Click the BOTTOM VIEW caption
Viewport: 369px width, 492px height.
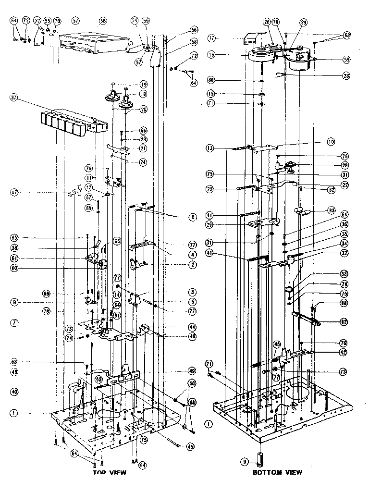(277, 472)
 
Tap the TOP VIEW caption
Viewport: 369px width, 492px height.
(109, 472)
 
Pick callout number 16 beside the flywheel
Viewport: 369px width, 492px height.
(212, 55)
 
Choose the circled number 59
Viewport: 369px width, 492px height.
(332, 60)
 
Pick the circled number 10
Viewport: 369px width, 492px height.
(331, 142)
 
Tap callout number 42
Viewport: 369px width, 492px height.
(331, 352)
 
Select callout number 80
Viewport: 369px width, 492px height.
(212, 80)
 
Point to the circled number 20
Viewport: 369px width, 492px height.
(143, 109)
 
